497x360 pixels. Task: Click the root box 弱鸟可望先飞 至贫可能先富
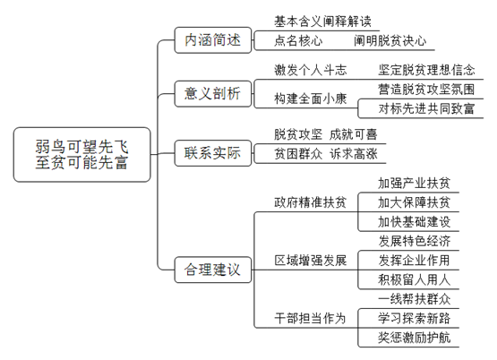coord(81,155)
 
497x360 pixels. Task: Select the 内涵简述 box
coord(213,40)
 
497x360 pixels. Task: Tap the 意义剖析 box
coord(213,94)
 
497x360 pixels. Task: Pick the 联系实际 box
coord(213,153)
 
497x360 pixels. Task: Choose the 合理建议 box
coord(213,270)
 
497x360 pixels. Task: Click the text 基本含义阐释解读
coord(322,21)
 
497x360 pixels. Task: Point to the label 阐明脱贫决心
coord(390,41)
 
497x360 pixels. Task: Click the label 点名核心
coord(298,41)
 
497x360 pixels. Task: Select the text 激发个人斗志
coord(311,70)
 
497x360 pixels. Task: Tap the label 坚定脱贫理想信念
coord(426,70)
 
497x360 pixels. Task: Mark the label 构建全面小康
coord(311,99)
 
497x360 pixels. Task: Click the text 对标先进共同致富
coord(426,108)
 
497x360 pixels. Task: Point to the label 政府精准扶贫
coord(311,202)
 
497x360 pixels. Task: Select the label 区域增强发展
coord(311,261)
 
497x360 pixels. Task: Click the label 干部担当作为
coord(311,318)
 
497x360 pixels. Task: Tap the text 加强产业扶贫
coord(414,184)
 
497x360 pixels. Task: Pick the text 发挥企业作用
coord(414,261)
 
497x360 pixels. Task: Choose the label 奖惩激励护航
coord(414,338)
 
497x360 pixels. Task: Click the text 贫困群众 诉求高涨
coord(326,154)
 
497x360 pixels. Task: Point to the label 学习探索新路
coord(414,318)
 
